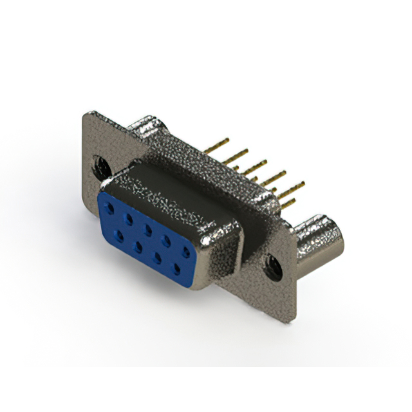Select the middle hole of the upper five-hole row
pos(148,229)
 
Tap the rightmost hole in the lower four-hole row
pos(176,267)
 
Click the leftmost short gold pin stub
pos(236,169)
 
